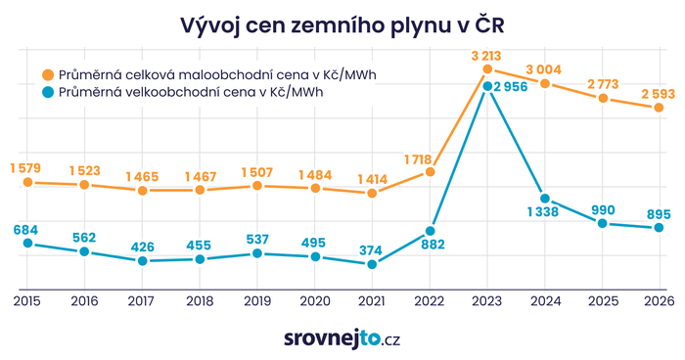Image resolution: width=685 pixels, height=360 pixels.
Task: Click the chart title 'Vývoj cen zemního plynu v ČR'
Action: click(342, 22)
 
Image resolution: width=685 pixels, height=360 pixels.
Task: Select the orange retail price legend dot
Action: click(47, 74)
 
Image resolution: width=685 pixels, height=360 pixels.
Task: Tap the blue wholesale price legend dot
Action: click(47, 93)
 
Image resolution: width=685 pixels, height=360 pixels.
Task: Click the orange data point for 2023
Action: click(486, 70)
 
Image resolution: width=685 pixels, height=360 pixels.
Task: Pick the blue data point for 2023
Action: click(486, 87)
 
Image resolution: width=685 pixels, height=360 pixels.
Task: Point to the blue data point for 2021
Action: click(372, 264)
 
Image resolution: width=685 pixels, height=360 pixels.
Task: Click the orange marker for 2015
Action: click(27, 182)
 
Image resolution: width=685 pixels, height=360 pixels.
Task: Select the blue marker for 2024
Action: click(544, 199)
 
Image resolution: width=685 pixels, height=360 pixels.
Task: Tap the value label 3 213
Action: click(486, 55)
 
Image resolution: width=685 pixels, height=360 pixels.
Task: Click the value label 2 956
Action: click(515, 88)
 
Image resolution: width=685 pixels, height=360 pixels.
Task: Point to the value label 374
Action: click(371, 250)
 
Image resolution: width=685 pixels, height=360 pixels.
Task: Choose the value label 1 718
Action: click(429, 157)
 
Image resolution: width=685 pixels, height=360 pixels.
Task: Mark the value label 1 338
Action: click(544, 214)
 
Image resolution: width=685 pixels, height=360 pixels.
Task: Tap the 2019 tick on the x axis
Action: click(256, 302)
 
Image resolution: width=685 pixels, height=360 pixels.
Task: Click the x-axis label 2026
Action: click(659, 302)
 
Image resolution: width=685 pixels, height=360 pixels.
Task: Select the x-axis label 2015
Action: click(27, 302)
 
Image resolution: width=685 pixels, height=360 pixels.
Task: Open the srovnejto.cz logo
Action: click(342, 338)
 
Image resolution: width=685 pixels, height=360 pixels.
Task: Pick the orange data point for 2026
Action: click(659, 108)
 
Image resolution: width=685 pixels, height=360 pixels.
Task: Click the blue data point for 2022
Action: click(430, 231)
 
